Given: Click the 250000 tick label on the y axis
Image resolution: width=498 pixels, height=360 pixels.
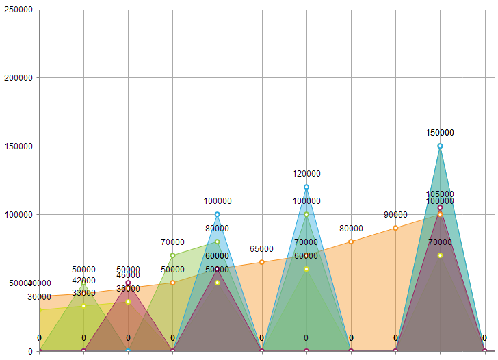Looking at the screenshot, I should tap(17, 10).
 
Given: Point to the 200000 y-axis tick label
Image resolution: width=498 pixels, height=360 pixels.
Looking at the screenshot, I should tap(17, 78).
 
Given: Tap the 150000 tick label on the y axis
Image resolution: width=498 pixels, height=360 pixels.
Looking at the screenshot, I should tap(17, 146).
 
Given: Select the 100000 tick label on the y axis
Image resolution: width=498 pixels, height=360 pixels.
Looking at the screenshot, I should tap(17, 215).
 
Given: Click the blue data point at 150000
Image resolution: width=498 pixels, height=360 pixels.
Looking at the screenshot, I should tap(440, 146).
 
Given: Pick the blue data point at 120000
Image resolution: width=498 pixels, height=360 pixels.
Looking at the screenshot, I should tap(306, 187).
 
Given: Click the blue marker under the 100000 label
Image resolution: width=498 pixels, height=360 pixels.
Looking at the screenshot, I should tap(218, 214).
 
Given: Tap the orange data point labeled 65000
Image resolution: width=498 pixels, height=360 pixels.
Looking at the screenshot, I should tap(262, 262).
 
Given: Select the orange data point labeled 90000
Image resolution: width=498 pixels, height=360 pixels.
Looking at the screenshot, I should tap(395, 228).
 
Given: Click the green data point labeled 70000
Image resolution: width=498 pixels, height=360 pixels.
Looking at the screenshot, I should tap(172, 255).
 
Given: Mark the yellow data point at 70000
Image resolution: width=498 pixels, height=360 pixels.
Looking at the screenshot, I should tap(440, 255).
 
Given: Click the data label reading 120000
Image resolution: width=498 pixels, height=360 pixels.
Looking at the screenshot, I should tap(306, 174).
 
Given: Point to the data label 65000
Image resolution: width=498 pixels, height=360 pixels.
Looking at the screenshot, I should tap(261, 249).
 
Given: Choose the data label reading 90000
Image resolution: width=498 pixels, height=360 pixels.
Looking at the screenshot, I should tap(395, 215).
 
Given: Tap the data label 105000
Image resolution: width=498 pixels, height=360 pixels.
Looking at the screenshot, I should tap(440, 194).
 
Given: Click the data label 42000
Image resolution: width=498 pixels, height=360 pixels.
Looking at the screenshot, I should tap(83, 281).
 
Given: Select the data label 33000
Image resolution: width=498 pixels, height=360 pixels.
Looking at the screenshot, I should tap(83, 293).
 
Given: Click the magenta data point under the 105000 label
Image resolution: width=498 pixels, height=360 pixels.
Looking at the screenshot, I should tap(440, 207).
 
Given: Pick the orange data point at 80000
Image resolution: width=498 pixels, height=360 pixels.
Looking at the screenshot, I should tap(351, 242).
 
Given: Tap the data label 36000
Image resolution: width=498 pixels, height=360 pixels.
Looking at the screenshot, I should tap(128, 289).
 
